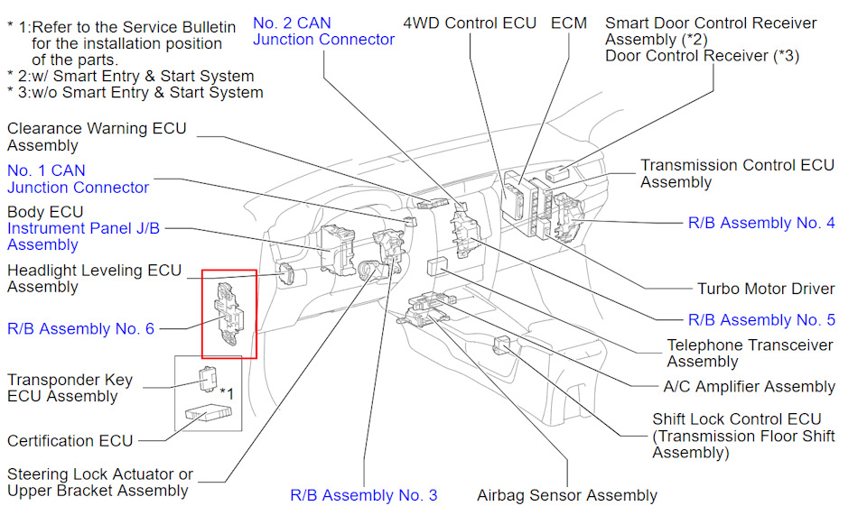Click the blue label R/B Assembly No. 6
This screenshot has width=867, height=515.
(x=80, y=329)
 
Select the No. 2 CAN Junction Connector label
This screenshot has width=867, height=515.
(x=323, y=31)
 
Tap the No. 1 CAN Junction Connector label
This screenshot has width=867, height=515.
(x=78, y=179)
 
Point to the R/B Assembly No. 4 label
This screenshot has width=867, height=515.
(x=761, y=223)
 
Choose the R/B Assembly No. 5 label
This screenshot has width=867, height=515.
(x=761, y=320)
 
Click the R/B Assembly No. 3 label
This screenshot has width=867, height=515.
(x=363, y=495)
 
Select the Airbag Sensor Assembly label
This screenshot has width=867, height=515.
(x=567, y=495)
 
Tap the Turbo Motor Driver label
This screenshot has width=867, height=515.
(x=766, y=290)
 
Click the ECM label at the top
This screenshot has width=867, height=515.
(x=569, y=23)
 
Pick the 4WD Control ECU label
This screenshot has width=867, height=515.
(x=470, y=23)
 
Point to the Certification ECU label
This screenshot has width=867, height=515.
(x=70, y=441)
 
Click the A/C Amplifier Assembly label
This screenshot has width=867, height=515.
(x=749, y=387)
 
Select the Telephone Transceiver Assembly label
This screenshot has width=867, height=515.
(x=750, y=354)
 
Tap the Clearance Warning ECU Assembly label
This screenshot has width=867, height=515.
(x=97, y=137)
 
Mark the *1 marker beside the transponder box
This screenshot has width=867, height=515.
(x=227, y=393)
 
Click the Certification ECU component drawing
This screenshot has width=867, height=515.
(x=210, y=414)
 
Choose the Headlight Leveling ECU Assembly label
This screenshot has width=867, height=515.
(x=94, y=279)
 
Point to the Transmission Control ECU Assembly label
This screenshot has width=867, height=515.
(x=737, y=174)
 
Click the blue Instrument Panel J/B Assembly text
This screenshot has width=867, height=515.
(x=83, y=236)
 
